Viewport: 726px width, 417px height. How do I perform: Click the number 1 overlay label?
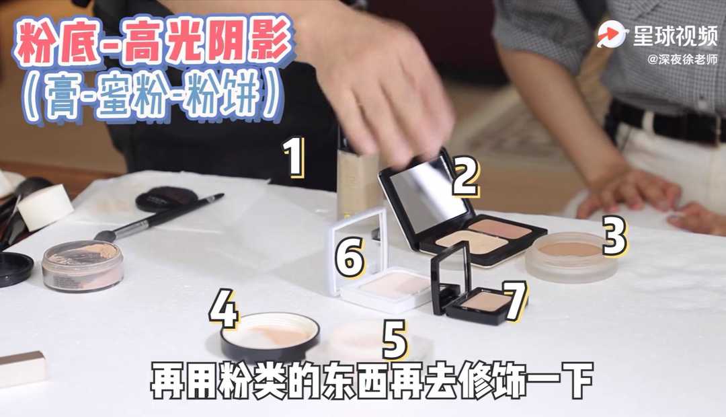[294, 157]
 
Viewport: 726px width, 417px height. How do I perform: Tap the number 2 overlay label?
[465, 176]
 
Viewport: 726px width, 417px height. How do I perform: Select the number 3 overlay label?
[614, 235]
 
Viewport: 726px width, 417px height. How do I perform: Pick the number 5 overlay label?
[395, 339]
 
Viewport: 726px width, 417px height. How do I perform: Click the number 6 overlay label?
[350, 258]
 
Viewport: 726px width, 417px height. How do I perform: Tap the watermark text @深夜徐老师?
[682, 60]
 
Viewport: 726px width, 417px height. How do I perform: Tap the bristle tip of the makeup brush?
[106, 236]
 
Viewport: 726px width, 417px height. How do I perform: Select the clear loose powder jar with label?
[83, 266]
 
